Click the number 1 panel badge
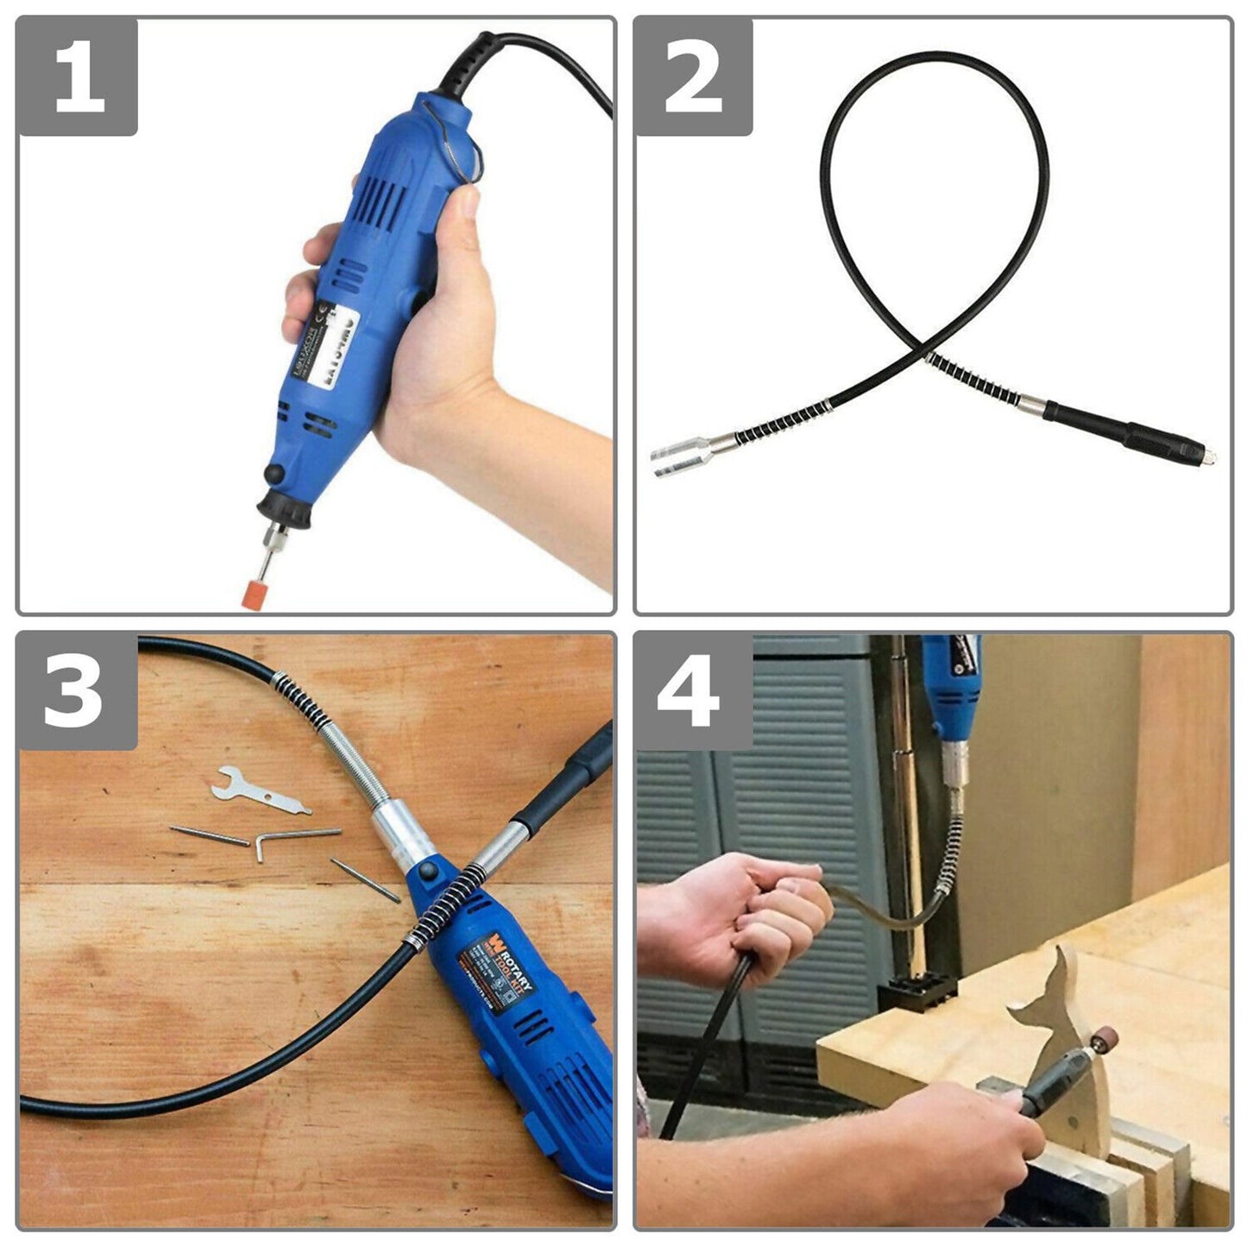(x=78, y=77)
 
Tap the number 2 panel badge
(x=694, y=77)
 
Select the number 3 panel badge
(x=78, y=691)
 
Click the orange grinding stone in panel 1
(x=255, y=595)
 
